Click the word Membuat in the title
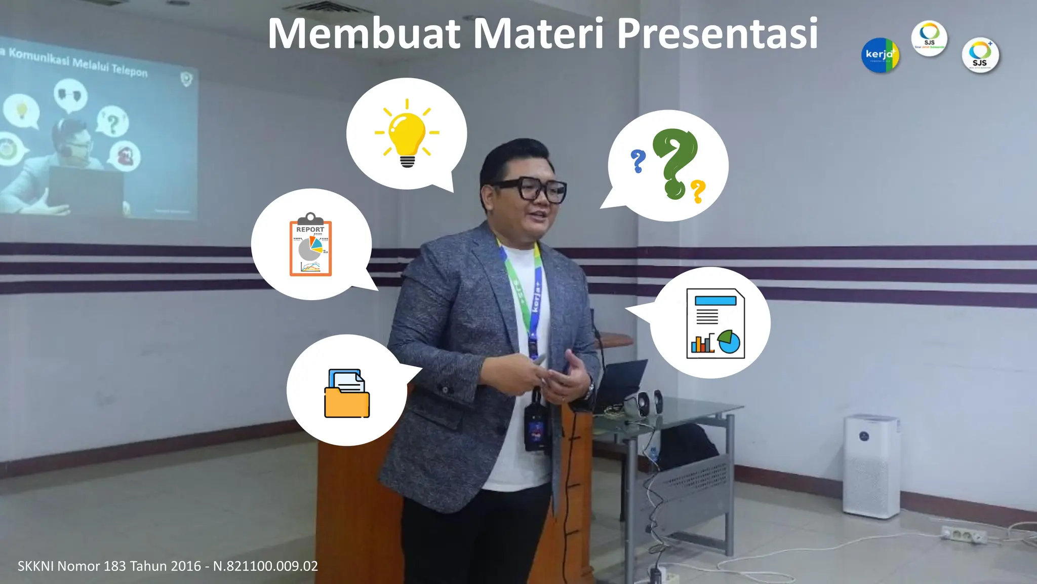[364, 33]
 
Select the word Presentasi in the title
[717, 33]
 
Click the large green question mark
[674, 162]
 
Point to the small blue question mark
[638, 161]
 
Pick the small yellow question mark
[698, 191]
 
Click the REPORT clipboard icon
[310, 245]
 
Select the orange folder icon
[347, 394]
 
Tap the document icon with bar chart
[715, 323]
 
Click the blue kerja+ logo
[880, 55]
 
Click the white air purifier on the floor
[871, 465]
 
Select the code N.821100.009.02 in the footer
[265, 566]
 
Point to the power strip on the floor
[964, 534]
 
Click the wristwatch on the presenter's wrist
[590, 390]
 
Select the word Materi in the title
[538, 33]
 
